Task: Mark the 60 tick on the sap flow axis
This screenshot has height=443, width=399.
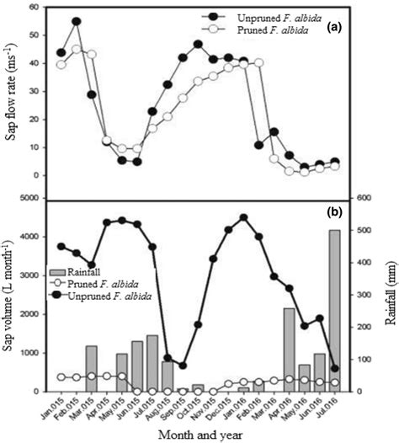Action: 37,8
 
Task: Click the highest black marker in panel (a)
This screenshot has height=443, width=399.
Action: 77,21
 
